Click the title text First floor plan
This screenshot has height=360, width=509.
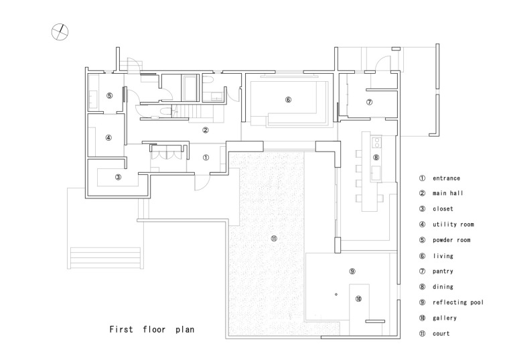(153, 330)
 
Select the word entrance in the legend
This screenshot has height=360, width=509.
(447, 178)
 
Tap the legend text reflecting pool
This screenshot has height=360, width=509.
(458, 302)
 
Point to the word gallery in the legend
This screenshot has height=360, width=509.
(445, 318)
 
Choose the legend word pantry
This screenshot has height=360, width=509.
(443, 272)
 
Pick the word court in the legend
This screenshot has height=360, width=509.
(441, 333)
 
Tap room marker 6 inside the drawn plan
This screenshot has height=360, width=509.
(288, 100)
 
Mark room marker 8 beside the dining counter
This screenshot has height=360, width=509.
(376, 158)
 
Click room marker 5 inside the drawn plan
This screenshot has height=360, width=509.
(108, 96)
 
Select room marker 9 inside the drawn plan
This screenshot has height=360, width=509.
(352, 271)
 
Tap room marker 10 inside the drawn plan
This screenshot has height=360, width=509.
(358, 298)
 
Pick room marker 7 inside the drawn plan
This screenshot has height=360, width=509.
(369, 102)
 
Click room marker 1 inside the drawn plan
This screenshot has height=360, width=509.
(206, 158)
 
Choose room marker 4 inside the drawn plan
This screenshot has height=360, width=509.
(108, 137)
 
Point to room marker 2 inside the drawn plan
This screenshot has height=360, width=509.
(206, 130)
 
